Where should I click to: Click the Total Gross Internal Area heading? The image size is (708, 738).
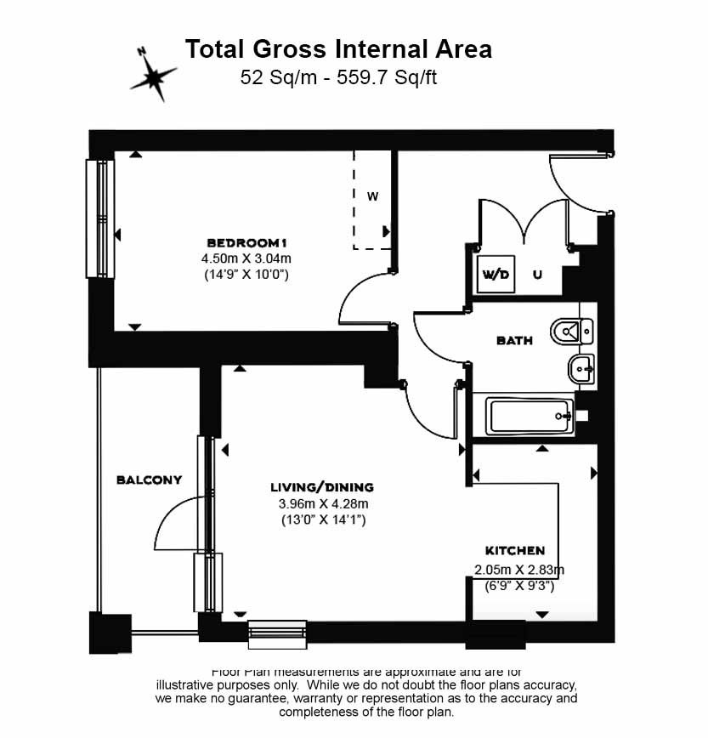tap(338, 48)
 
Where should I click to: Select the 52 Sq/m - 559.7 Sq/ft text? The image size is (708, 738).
tap(338, 77)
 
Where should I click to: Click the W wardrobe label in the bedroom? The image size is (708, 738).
tap(372, 196)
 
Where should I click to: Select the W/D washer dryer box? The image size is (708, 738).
tap(496, 274)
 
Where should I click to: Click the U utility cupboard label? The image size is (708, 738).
tap(537, 275)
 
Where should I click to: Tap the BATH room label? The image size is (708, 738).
tap(514, 340)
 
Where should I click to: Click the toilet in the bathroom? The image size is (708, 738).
tap(571, 330)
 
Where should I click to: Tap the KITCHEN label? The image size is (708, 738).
tap(515, 551)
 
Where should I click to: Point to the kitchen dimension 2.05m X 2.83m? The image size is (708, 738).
tap(519, 570)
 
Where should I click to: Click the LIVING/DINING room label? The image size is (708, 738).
tap(322, 487)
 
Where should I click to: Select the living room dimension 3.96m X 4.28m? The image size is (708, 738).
tap(322, 503)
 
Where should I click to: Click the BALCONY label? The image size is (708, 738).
tap(149, 480)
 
